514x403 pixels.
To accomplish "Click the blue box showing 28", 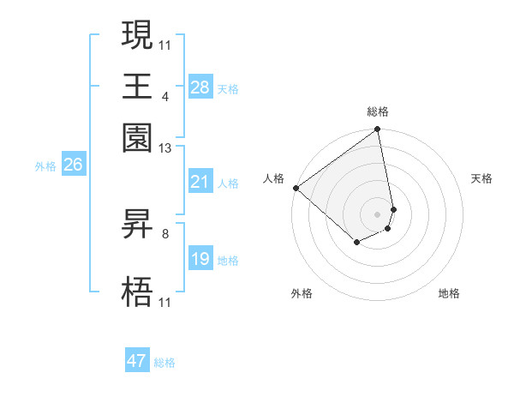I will coord(200,87).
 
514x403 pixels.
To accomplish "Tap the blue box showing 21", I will coord(200,182).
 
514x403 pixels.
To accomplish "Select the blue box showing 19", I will coord(200,259).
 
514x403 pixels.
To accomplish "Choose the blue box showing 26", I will coord(73,165).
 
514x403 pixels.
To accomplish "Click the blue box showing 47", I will coord(137,361).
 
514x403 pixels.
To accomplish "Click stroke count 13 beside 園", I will coord(165,148).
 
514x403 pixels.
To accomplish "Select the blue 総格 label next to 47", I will coord(164,363).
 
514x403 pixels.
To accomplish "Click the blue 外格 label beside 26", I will coord(45,167).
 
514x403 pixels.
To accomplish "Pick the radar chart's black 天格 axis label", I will coord(481,178).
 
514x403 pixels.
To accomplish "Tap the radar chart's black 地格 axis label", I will coord(449,293).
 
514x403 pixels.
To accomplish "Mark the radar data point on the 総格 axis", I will coord(378,130).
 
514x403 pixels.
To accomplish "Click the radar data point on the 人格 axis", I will coord(296,188).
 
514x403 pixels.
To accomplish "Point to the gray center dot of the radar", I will coord(378,214).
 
